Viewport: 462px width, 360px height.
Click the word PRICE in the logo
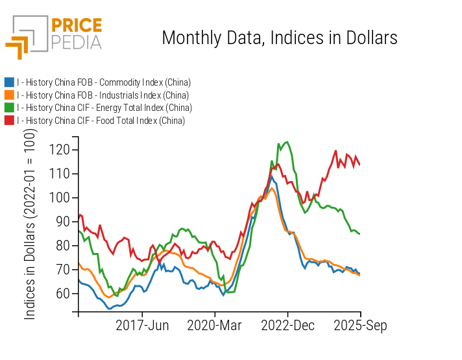pos(77,27)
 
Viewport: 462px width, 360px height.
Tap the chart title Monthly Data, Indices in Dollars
pos(279,38)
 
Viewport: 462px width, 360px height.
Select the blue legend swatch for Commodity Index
pos(9,82)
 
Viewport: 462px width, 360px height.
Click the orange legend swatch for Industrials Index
pos(9,95)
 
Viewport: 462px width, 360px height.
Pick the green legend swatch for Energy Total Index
pos(9,108)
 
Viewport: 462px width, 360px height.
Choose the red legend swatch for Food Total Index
pos(9,121)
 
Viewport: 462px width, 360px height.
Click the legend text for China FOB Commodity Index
pos(104,82)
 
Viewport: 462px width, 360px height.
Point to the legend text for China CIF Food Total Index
pos(101,121)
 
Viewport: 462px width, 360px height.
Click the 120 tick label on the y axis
pos(60,150)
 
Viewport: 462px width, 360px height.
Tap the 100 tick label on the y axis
pos(60,198)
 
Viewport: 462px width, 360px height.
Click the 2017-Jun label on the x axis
pos(142,326)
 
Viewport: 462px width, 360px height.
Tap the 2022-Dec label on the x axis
pos(288,326)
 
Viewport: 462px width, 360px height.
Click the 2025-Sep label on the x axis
pos(361,326)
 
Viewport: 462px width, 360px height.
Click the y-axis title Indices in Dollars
pos(30,224)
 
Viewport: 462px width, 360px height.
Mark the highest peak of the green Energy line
pos(287,142)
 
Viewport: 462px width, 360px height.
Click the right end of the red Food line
pos(360,165)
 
